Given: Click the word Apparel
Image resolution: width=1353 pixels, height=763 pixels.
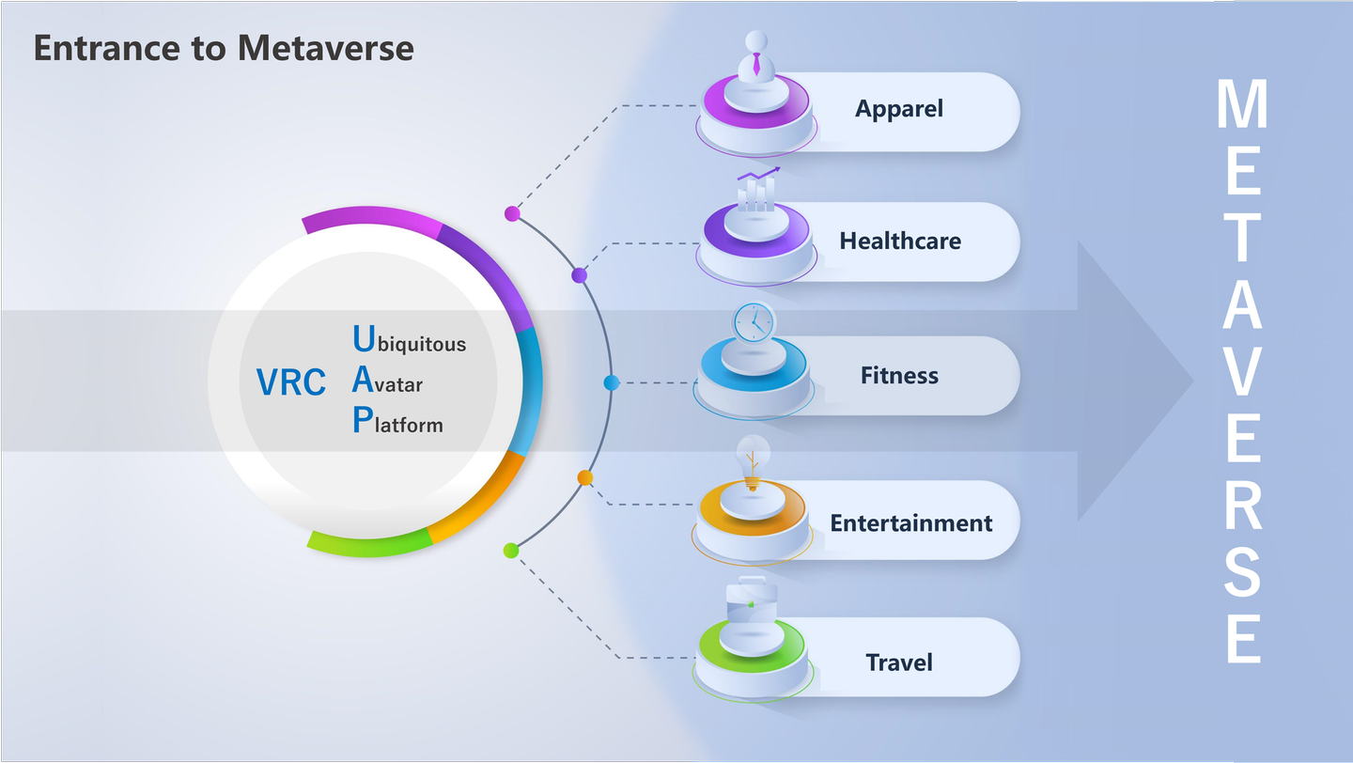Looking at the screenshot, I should (x=898, y=109).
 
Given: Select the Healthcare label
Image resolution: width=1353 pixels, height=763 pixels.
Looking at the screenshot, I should (x=900, y=241).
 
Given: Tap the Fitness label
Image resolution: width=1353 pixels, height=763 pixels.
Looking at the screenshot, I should (x=899, y=376).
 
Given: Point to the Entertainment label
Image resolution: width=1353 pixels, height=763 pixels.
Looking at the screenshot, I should (x=910, y=522).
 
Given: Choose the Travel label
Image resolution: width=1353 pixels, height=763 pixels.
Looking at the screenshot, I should (x=899, y=662).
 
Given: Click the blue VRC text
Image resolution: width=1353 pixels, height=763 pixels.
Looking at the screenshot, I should (x=291, y=382).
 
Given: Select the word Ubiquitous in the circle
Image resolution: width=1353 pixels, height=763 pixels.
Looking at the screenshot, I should (x=409, y=340).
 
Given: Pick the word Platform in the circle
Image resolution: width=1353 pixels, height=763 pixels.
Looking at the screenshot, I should (x=397, y=422).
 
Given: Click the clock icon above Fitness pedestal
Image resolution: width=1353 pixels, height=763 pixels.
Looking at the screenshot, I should (x=753, y=322).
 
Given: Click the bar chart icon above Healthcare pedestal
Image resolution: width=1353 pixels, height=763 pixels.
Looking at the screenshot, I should (x=757, y=190).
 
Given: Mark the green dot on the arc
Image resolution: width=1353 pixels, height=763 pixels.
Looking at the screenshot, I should (x=511, y=551).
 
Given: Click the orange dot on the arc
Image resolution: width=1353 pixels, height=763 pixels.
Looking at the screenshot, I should (x=585, y=478).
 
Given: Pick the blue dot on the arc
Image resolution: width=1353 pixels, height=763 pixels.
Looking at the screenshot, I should (x=611, y=382).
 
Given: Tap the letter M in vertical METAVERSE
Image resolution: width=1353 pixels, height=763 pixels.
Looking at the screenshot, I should (x=1242, y=105).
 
